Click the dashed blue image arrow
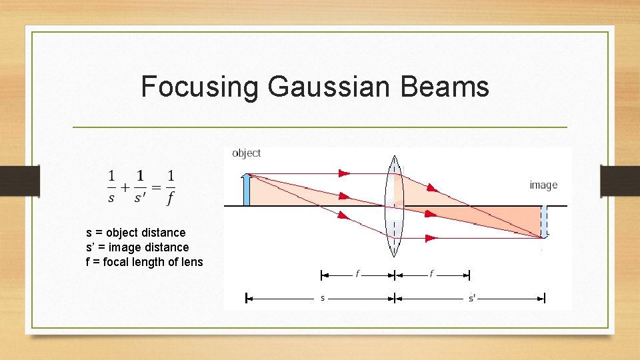(545, 221)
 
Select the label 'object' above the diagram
(246, 153)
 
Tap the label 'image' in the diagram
(543, 185)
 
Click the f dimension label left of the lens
(357, 274)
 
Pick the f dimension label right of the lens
(431, 274)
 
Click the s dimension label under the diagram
(323, 298)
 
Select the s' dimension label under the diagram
(471, 298)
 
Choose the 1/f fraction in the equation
(171, 187)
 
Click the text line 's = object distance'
(136, 233)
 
